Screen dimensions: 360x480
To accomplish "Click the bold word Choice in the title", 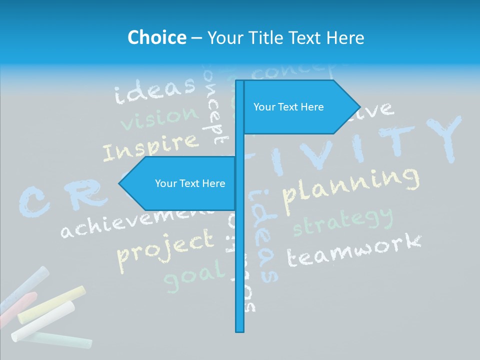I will click(x=156, y=37).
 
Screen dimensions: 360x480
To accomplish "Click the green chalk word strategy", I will click(x=343, y=222).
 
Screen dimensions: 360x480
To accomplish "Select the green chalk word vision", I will click(x=159, y=118).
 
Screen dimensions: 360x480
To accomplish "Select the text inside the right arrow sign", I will click(x=288, y=107).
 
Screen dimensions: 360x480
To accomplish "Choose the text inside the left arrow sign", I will click(x=190, y=183).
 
